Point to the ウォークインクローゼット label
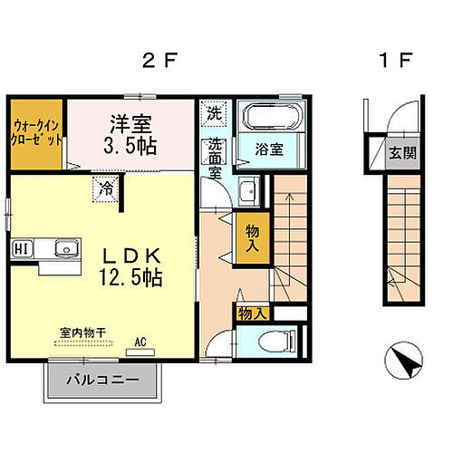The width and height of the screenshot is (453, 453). click(x=37, y=135)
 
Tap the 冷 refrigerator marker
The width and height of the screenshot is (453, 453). click(x=107, y=190)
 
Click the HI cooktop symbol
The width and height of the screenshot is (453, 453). click(x=20, y=249)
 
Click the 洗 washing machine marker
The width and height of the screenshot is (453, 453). click(x=214, y=114)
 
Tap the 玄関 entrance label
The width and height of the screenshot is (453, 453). click(x=404, y=152)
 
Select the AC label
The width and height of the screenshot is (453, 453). click(x=140, y=341)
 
